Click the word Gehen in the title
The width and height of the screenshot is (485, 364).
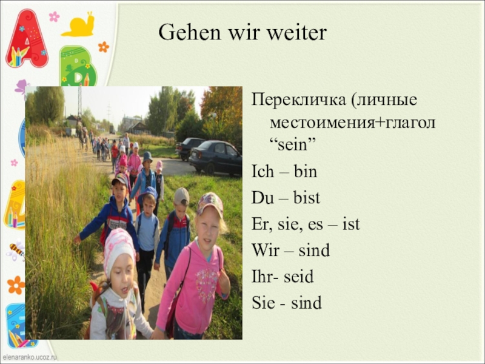[190, 32]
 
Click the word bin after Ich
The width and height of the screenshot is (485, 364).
[306, 171]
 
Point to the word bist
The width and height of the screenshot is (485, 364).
[307, 198]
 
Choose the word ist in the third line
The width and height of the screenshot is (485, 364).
[351, 223]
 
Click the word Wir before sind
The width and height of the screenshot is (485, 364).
[266, 250]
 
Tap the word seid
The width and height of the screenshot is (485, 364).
[298, 277]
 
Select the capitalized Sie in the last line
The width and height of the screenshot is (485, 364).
[263, 302]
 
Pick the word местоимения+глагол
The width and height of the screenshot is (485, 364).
[353, 123]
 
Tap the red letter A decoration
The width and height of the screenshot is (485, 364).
[27, 39]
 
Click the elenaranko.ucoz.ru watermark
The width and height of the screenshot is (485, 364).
[28, 357]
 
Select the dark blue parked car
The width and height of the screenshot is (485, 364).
[216, 157]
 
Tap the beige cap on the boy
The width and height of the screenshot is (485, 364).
[181, 196]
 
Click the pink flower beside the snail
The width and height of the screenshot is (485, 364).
[54, 16]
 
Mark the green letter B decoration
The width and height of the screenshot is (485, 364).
[78, 67]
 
